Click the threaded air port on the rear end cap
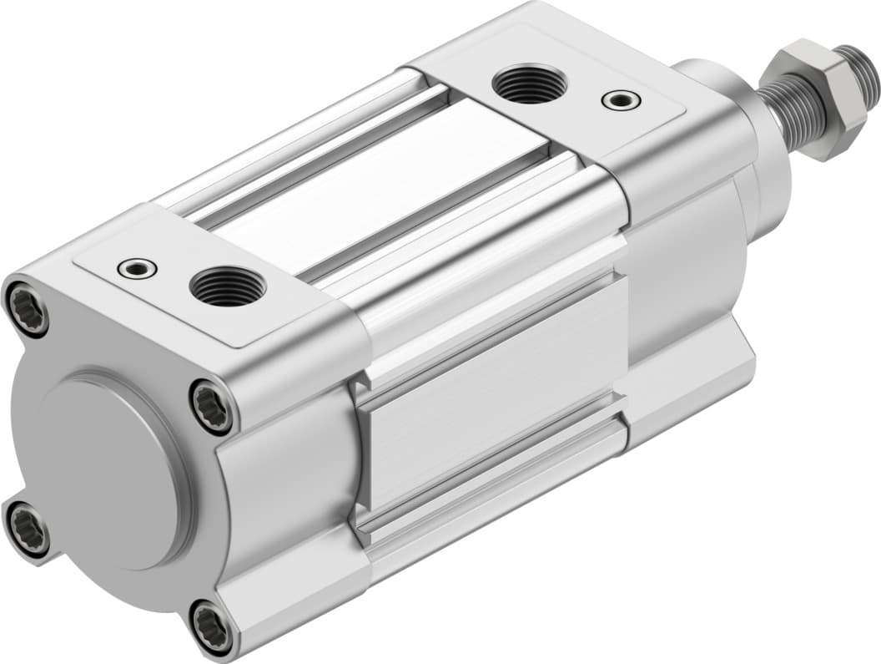tap(530, 84)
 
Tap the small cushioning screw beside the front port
tap(138, 268)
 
